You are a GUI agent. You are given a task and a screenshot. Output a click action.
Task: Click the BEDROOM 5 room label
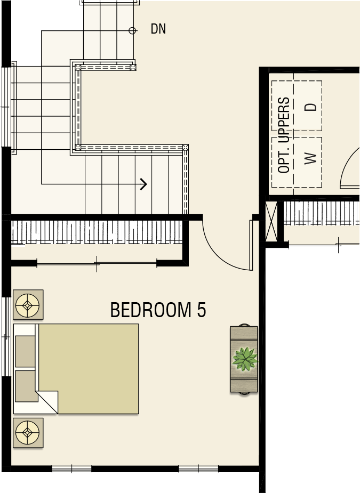click(158, 310)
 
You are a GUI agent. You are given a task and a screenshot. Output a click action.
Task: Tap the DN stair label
click(158, 29)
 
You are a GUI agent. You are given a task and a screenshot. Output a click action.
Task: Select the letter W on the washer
click(310, 158)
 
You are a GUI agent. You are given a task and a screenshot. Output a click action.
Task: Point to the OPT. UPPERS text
click(284, 135)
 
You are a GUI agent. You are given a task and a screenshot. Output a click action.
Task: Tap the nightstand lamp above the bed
click(28, 305)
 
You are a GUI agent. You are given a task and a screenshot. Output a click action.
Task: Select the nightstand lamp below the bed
click(28, 433)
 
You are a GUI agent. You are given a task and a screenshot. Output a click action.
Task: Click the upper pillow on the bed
click(25, 351)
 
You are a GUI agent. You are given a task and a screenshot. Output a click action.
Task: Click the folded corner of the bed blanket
click(47, 401)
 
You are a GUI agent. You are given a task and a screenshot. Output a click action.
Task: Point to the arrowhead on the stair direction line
click(143, 184)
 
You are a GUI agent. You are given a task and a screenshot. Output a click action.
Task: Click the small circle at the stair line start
click(132, 30)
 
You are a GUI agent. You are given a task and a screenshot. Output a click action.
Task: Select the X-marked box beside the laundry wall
click(271, 221)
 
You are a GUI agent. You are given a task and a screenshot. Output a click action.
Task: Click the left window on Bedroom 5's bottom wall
click(72, 469)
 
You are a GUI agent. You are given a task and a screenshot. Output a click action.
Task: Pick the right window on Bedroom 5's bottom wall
click(198, 469)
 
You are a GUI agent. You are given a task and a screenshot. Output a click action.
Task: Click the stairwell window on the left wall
click(6, 107)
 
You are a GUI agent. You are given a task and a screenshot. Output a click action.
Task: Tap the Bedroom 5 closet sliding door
click(97, 263)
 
